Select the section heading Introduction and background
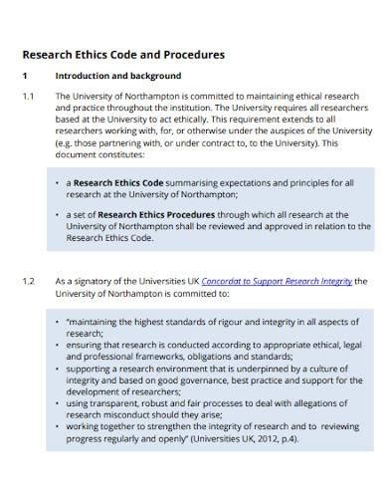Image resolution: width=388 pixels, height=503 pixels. click(x=117, y=76)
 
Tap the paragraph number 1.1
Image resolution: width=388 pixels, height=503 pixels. click(x=28, y=96)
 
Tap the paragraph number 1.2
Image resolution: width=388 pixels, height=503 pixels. click(x=28, y=282)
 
